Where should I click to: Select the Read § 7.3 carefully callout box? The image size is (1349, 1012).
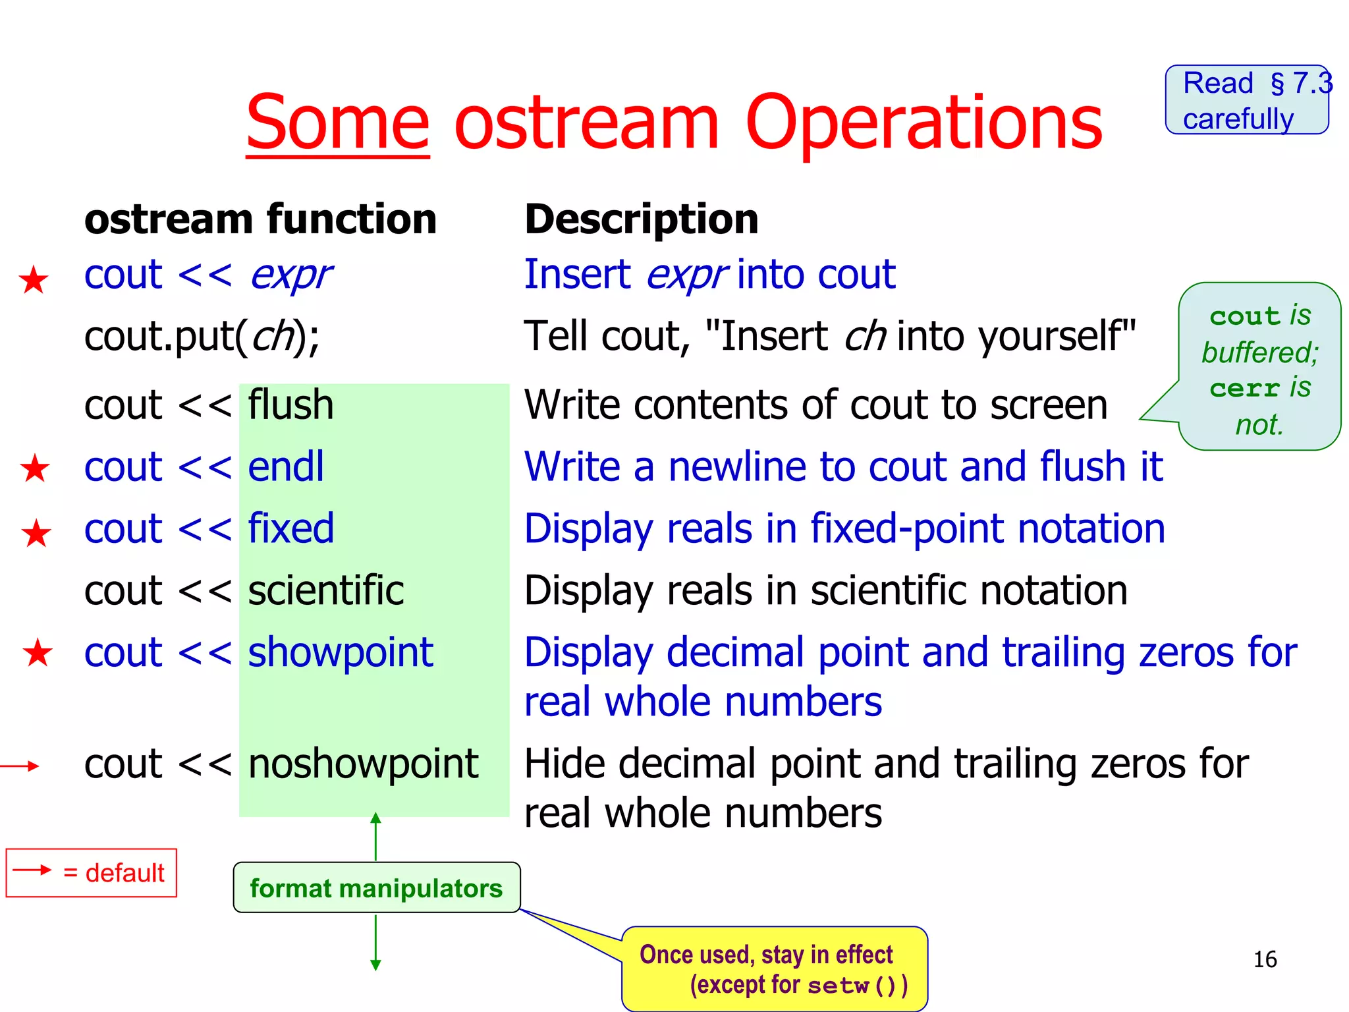pos(1246,100)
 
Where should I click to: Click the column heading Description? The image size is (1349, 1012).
pos(641,219)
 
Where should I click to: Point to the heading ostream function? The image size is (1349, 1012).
pos(260,219)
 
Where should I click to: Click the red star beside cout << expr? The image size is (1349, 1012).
pos(34,280)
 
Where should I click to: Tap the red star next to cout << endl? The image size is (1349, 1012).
pos(35,468)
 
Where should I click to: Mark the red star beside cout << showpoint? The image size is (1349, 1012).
pos(38,653)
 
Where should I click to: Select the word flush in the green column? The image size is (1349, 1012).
pos(290,405)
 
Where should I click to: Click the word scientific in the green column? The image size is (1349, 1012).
pos(325,590)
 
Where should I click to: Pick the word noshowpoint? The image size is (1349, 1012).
pos(363,764)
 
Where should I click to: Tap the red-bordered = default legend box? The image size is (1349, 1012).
pos(92,873)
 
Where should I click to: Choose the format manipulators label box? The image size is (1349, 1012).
pos(376,888)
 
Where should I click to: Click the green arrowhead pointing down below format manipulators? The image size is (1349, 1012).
pos(375,965)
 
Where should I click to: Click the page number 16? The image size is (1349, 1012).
pos(1265,959)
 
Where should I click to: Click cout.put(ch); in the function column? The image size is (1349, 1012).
pos(202,336)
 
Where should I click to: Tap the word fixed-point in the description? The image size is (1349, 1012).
pos(908,529)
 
